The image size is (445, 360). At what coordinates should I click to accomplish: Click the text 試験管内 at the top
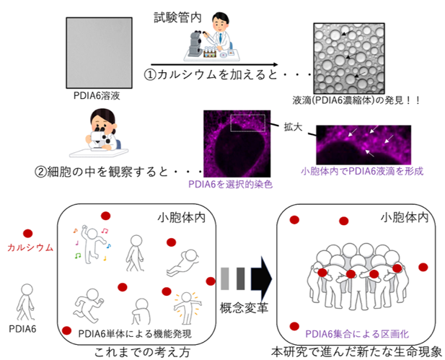[x=177, y=17]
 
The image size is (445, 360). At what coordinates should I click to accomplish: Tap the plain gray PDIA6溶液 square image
[x=99, y=53]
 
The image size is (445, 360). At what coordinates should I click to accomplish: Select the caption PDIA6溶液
[x=97, y=96]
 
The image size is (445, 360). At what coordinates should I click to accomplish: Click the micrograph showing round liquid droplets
[x=349, y=58]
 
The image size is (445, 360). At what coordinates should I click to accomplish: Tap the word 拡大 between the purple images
[x=293, y=127]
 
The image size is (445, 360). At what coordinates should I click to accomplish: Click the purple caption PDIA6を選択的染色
[x=231, y=184]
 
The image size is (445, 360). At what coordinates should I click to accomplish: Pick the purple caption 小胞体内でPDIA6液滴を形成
[x=362, y=171]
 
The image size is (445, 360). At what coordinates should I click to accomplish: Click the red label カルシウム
[x=30, y=247]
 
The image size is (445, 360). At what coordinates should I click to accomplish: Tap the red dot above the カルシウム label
[x=28, y=233]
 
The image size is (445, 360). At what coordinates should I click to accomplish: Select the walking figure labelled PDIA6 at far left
[x=25, y=302]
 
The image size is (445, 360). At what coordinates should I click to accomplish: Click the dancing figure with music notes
[x=92, y=242]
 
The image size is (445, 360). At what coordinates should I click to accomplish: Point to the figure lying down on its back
[x=182, y=262]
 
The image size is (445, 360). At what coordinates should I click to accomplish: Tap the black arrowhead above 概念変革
[x=261, y=278]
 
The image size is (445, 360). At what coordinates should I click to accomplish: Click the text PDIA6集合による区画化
[x=357, y=334]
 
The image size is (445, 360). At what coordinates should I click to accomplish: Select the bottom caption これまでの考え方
[x=142, y=353]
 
